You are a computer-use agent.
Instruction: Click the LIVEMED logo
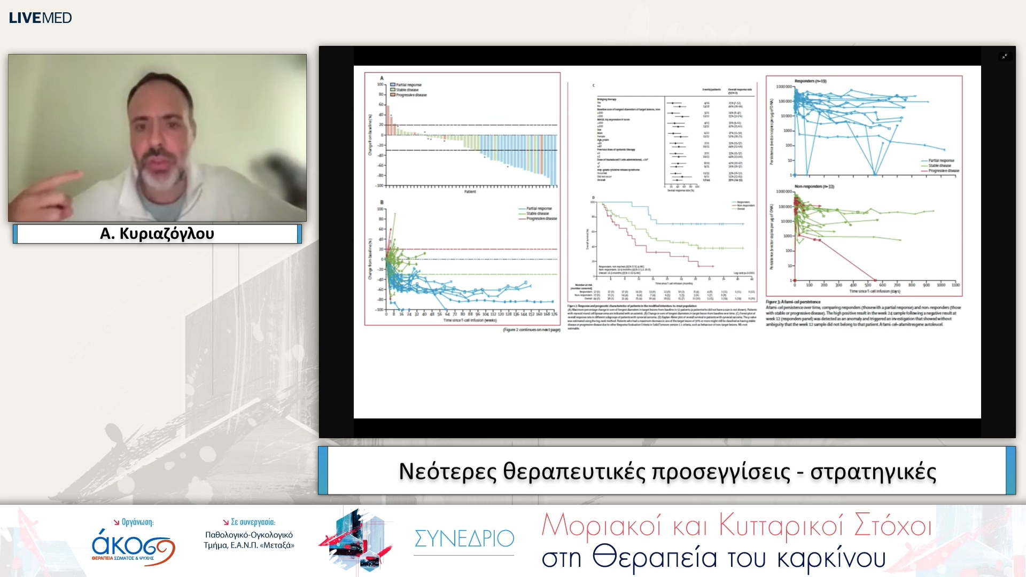[x=40, y=18]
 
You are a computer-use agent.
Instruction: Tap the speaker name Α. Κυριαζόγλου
[x=157, y=233]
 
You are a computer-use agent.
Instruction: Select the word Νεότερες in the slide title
[x=447, y=471]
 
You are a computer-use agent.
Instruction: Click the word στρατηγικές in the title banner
[x=873, y=471]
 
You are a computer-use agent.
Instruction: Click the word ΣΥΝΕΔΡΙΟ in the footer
[x=464, y=539]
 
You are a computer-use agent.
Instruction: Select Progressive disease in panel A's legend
[x=411, y=95]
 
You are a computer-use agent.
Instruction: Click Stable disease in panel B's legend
[x=537, y=213]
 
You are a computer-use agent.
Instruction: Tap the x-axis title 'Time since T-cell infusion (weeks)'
[x=470, y=321]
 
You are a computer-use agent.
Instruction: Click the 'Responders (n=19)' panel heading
[x=810, y=81]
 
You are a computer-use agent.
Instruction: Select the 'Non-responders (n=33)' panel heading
[x=814, y=186]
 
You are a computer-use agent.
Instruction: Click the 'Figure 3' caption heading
[x=793, y=302]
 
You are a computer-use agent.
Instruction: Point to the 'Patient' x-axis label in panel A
[x=470, y=192]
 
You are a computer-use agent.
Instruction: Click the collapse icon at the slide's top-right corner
[x=1005, y=56]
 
